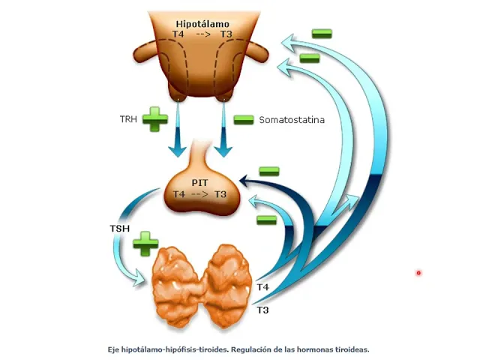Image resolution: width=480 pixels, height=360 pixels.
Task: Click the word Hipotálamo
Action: click(203, 24)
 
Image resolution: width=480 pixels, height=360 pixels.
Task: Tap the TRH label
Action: click(129, 118)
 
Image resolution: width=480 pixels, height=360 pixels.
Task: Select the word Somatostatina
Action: click(292, 119)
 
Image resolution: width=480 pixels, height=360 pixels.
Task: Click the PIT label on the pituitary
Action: click(199, 182)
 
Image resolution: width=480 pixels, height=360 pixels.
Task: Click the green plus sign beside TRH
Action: click(155, 119)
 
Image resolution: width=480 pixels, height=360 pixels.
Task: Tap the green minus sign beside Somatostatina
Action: click(243, 118)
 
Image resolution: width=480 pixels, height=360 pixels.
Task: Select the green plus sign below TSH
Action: click(145, 244)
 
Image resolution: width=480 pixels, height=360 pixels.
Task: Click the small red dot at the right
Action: click(418, 273)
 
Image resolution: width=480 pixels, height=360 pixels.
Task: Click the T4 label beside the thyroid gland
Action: click(262, 288)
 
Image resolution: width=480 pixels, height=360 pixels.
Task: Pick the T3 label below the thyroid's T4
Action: click(262, 309)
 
